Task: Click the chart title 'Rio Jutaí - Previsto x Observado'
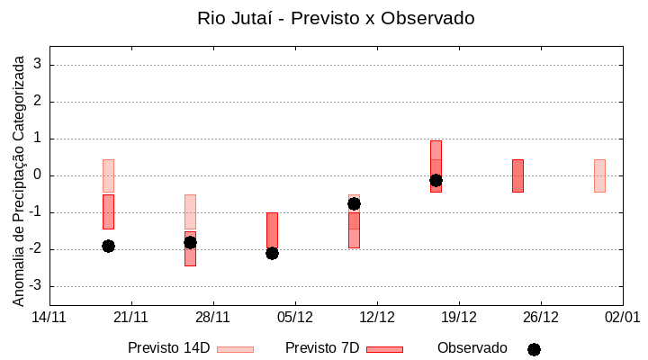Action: [x=336, y=18]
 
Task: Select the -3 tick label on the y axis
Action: [x=35, y=286]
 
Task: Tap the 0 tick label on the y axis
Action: [x=38, y=175]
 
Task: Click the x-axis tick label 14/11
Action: [x=49, y=317]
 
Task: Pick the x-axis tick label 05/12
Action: [x=295, y=317]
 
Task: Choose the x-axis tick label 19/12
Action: [x=459, y=317]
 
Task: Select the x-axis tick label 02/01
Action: [x=622, y=317]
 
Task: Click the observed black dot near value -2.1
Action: [x=272, y=253]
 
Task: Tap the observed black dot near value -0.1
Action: [x=436, y=180]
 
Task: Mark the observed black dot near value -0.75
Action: [x=354, y=203]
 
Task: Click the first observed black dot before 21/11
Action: [x=108, y=246]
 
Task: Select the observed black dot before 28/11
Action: [x=190, y=242]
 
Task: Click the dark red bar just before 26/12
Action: [x=517, y=175]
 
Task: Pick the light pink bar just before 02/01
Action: [x=599, y=175]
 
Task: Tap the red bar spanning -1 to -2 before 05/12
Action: [x=272, y=229]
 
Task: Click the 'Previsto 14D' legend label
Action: [x=168, y=348]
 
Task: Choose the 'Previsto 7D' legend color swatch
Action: [x=384, y=349]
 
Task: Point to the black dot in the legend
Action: [x=534, y=349]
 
